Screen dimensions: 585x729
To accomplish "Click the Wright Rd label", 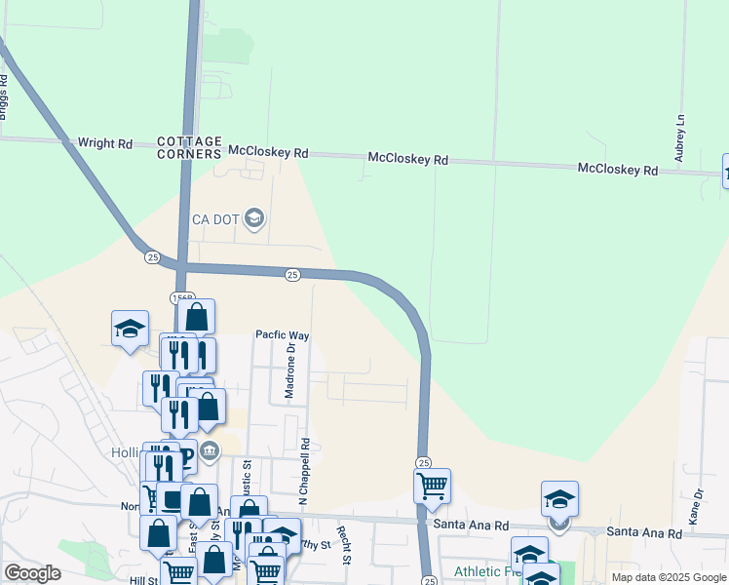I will tap(104, 143).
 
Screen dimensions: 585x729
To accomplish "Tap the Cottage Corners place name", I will tap(190, 148).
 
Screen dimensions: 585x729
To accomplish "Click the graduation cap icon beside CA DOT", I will tap(254, 216).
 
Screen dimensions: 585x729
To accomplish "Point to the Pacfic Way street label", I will tap(282, 334).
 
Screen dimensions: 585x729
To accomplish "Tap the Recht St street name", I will tap(342, 545).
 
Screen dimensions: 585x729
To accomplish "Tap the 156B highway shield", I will tap(181, 297).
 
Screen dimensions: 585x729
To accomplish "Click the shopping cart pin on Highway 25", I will tap(432, 485).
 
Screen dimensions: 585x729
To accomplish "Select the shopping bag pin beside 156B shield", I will tap(197, 317).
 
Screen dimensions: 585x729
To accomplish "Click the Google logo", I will tap(32, 573).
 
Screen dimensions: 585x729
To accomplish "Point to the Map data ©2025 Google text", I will tap(669, 577).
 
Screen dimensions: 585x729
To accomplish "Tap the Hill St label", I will tap(144, 580).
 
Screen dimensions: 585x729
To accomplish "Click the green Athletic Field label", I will tap(485, 571).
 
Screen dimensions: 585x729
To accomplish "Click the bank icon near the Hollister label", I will tap(210, 449).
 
